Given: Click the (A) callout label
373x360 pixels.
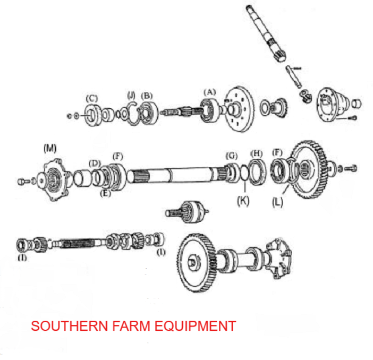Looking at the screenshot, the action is (210, 92).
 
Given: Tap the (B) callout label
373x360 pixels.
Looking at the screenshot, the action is (147, 96).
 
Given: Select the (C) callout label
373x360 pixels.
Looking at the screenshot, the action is (92, 98).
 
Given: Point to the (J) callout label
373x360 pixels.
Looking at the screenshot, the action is (131, 95).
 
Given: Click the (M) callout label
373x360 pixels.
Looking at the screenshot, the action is (50, 148).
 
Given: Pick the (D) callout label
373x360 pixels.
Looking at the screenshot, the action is (95, 164).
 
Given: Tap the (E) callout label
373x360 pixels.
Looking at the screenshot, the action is (105, 193).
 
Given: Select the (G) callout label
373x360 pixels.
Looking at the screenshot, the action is (232, 156).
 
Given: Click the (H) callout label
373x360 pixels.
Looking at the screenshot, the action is (256, 153).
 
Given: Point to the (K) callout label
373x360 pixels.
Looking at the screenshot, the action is (243, 201).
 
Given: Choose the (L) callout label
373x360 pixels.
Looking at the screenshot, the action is (277, 202).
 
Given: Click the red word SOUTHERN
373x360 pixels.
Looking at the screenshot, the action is (70, 326).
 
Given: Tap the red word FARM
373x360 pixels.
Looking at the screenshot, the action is (131, 326).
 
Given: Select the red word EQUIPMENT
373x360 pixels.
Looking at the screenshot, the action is (195, 326).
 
